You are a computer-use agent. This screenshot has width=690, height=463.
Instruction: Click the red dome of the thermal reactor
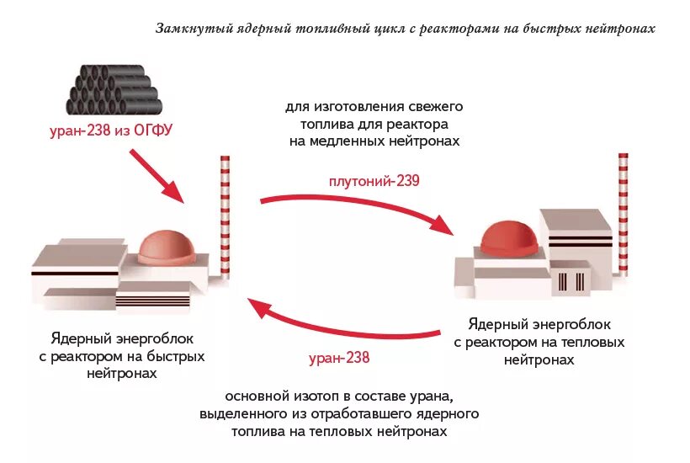[507, 236]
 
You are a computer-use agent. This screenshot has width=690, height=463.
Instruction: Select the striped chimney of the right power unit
[623, 214]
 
